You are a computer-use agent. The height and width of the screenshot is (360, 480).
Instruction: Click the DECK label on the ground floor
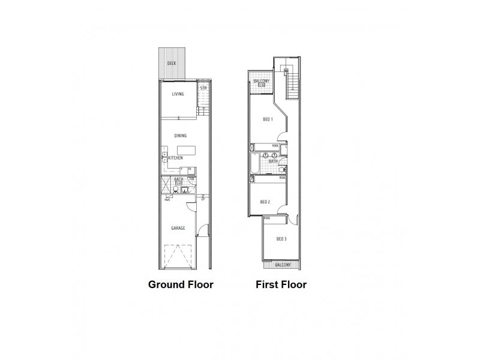pos(172,63)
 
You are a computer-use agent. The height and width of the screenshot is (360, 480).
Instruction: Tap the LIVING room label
pos(178,94)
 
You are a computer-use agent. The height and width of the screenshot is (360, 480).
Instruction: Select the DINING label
pos(181,136)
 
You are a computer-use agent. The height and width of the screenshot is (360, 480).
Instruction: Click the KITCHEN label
pos(175,158)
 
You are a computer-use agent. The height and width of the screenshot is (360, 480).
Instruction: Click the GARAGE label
pos(178,228)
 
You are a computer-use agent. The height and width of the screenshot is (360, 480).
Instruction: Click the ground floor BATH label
pos(178,179)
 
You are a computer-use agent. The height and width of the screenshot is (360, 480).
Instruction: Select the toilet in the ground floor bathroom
pos(175,191)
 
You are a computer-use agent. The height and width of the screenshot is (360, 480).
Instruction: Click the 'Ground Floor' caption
pos(181,284)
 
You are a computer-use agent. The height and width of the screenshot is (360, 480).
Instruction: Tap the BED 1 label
pos(268,119)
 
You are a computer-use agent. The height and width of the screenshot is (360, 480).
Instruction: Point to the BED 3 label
pos(281,239)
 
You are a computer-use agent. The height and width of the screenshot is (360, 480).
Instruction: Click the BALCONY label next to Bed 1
pos(261,81)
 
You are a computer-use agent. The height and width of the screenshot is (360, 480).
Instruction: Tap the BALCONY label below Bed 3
pos(282,265)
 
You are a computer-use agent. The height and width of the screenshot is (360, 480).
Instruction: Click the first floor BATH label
pos(273,161)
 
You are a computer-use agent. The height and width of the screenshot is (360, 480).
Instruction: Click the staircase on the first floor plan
pos(292,81)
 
